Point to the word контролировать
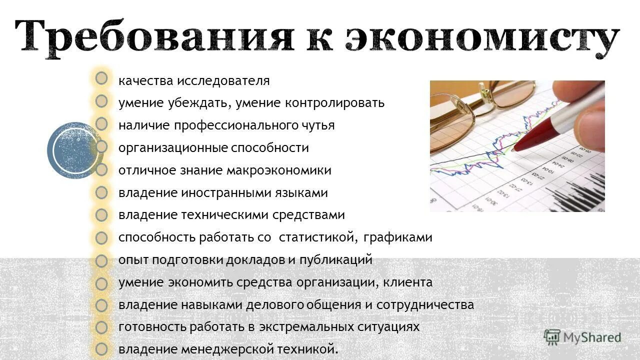[335, 103]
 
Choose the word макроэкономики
[279, 170]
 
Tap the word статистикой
[319, 238]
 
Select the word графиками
[398, 238]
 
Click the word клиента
[408, 282]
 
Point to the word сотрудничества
[425, 305]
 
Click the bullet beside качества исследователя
[101, 78]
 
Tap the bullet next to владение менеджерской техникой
[101, 349]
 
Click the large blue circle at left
[72, 150]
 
